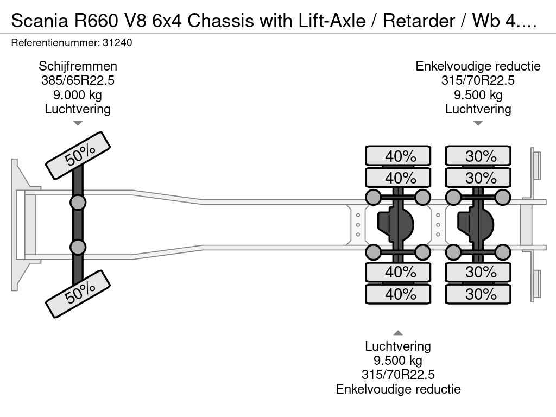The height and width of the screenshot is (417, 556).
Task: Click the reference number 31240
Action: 117,42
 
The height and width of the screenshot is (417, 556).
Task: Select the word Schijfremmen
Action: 78,66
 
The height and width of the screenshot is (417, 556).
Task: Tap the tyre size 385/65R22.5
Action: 78,80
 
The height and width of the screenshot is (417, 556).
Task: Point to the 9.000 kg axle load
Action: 78,94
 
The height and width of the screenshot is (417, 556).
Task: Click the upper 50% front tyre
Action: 78,156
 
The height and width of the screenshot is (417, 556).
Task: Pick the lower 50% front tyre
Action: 78,294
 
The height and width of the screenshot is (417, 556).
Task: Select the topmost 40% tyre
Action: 398,156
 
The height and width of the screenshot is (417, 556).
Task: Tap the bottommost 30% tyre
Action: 478,294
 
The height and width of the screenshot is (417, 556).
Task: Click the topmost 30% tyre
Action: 478,156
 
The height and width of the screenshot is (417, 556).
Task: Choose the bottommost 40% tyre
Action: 398,294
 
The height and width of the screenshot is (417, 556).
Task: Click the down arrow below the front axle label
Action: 78,123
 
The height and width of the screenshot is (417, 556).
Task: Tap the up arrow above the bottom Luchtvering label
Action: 398,333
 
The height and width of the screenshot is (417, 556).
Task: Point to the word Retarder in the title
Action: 419,21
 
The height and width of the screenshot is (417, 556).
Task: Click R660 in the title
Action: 96,21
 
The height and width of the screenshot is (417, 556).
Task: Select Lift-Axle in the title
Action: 332,21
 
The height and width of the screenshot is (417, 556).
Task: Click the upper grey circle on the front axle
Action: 78,203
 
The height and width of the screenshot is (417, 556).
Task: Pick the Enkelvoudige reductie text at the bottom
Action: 398,389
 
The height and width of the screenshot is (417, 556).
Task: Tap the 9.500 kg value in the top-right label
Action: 478,94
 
